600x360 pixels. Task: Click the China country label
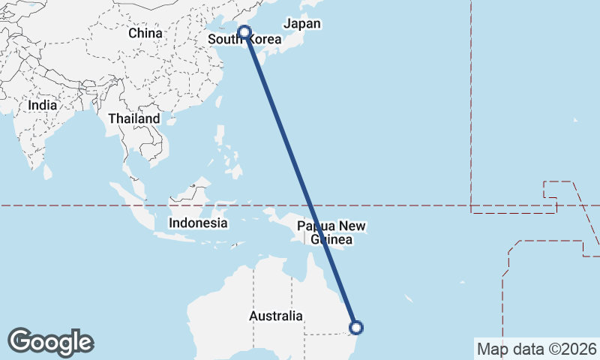pyautogui.click(x=145, y=33)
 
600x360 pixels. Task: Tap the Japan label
pyautogui.click(x=304, y=24)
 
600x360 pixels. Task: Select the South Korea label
pyautogui.click(x=244, y=40)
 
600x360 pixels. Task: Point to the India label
pyautogui.click(x=43, y=105)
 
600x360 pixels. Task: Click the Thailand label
pyautogui.click(x=134, y=118)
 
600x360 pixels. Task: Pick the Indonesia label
pyautogui.click(x=198, y=223)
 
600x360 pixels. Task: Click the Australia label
pyautogui.click(x=276, y=316)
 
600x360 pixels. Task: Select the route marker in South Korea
pyautogui.click(x=244, y=31)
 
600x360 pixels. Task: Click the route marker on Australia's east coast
pyautogui.click(x=357, y=327)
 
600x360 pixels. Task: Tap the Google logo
pyautogui.click(x=51, y=342)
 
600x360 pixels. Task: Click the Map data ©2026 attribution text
pyautogui.click(x=536, y=349)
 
